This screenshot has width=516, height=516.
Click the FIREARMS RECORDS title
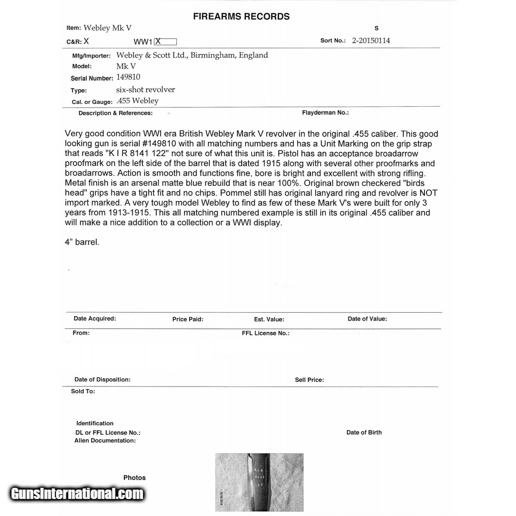point(241,17)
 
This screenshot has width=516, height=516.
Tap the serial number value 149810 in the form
point(128,77)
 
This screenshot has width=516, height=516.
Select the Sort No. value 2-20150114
point(371,41)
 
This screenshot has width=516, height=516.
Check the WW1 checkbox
point(166,42)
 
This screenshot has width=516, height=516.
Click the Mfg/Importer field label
point(92,56)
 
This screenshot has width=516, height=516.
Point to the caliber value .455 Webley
point(138,101)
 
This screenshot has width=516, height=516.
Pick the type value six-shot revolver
point(145,90)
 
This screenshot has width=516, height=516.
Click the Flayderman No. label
point(325,113)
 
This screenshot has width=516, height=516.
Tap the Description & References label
point(115,113)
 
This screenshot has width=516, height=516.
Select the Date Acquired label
point(95,319)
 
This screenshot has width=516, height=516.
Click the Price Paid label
point(187,319)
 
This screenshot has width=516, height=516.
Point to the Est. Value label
point(269,319)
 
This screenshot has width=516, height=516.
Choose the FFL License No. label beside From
point(265,333)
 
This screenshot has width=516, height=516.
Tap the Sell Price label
point(309,380)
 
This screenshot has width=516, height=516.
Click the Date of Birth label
point(364,433)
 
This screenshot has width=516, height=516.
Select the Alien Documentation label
point(105,441)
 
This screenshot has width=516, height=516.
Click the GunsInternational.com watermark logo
point(77,493)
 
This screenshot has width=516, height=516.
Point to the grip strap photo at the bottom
point(259,482)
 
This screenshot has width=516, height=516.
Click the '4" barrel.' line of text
point(82,242)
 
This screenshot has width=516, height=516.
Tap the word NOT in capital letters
point(428,193)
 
